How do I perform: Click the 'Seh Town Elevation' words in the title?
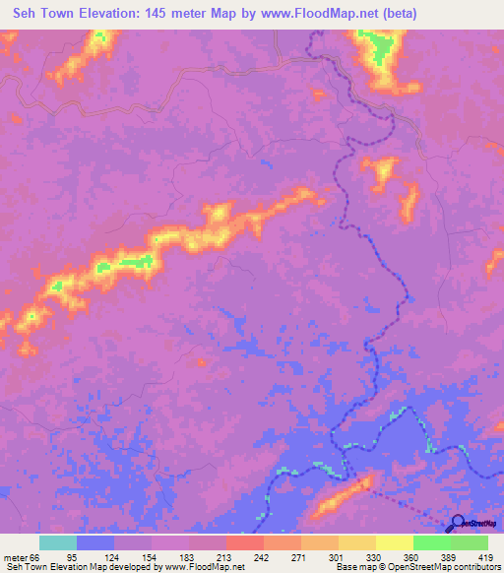pyautogui.click(x=70, y=14)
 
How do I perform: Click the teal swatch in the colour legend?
pyautogui.click(x=58, y=542)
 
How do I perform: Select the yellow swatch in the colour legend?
pyautogui.click(x=394, y=542)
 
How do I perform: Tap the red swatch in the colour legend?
pyautogui.click(x=244, y=542)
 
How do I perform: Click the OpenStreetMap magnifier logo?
pyautogui.click(x=457, y=524)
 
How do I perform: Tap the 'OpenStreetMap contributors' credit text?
pyautogui.click(x=442, y=567)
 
